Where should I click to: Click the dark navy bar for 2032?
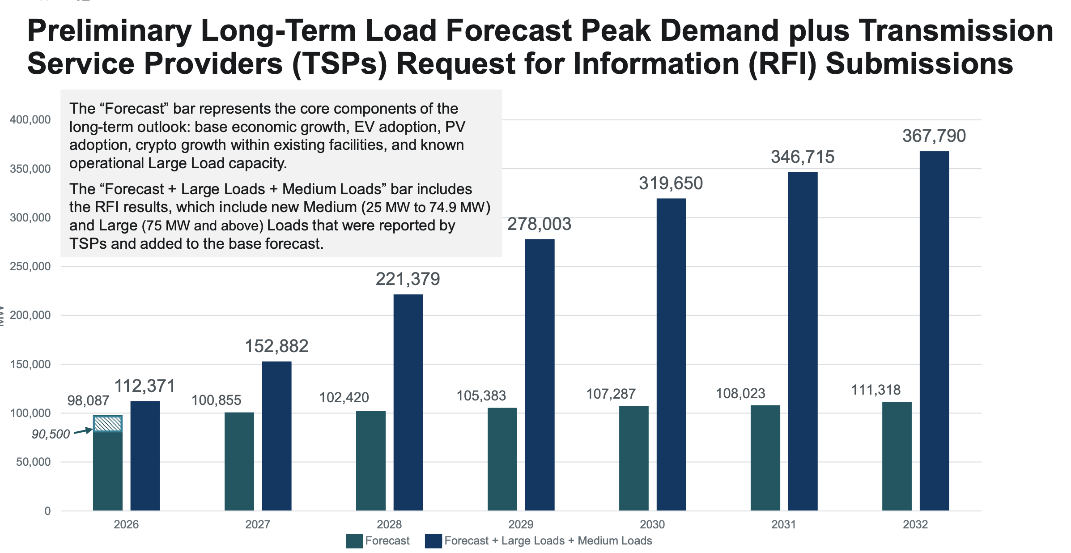[x=934, y=331]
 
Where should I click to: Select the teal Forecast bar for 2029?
[x=502, y=459]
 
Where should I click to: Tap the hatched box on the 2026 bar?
[x=107, y=424]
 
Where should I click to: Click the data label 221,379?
[x=408, y=279]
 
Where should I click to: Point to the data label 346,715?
[x=803, y=157]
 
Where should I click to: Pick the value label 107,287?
[x=611, y=394]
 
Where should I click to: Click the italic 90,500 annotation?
[x=51, y=434]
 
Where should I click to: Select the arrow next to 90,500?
[x=83, y=431]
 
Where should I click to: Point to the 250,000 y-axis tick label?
[x=30, y=266]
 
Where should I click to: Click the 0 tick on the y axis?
[x=47, y=511]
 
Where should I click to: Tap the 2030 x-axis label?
[x=652, y=524]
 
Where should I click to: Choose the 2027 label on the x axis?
[x=258, y=524]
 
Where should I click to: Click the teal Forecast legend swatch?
[x=354, y=541]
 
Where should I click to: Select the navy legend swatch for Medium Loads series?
[x=433, y=541]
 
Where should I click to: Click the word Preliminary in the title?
[x=110, y=31]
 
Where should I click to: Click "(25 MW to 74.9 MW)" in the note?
[x=425, y=207]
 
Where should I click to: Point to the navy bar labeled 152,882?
[x=276, y=436]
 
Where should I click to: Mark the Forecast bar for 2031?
[x=765, y=458]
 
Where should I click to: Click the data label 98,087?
[x=88, y=400]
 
